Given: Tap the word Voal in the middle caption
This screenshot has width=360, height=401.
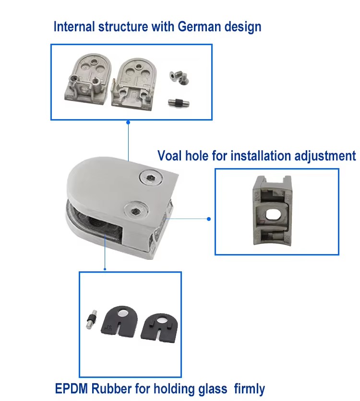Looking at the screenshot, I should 170,156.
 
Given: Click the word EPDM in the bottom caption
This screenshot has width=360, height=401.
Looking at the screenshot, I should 70,388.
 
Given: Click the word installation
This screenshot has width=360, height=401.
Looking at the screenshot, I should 253,156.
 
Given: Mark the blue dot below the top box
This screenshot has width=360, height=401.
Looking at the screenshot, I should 128,122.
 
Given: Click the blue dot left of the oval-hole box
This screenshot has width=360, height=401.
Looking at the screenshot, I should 209,219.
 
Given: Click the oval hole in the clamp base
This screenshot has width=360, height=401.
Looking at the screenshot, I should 275,214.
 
